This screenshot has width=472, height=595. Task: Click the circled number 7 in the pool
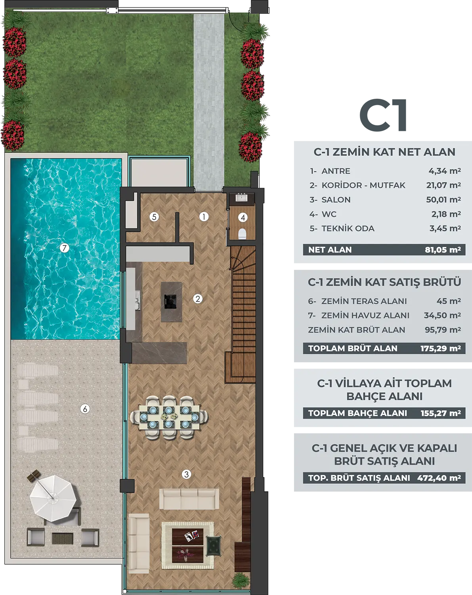tap(64, 248)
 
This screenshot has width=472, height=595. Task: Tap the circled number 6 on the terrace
tap(85, 409)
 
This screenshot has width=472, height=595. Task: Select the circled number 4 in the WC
tap(243, 218)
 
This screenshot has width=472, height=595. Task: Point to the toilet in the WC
tap(242, 234)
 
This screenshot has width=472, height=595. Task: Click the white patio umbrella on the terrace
tap(53, 498)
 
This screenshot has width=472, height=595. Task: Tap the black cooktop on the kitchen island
tap(170, 301)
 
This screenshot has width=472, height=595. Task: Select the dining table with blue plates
tap(169, 417)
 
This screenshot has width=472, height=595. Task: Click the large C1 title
tap(383, 115)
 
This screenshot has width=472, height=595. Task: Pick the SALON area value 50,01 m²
tap(443, 200)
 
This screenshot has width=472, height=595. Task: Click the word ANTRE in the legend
tap(336, 171)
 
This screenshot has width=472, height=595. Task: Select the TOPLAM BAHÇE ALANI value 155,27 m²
tap(441, 413)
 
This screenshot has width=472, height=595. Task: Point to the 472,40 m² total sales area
tap(439, 478)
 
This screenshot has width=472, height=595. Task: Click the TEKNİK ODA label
tap(348, 228)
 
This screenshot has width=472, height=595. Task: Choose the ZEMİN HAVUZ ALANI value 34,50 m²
tap(442, 315)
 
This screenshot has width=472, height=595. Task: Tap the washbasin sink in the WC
tap(242, 198)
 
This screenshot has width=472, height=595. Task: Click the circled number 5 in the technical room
tap(154, 217)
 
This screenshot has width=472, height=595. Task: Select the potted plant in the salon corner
tap(241, 580)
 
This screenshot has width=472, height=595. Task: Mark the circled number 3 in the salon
tap(186, 474)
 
